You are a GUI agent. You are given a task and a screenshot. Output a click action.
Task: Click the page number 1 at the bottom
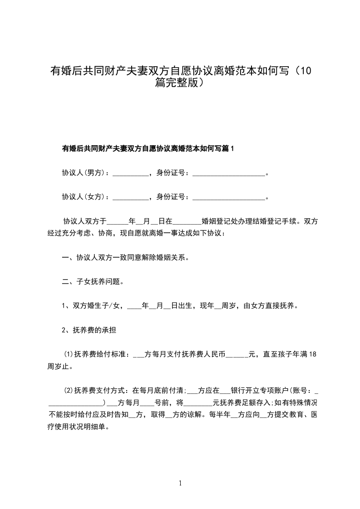tap(180, 483)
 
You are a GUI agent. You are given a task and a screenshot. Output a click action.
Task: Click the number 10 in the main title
tap(306, 71)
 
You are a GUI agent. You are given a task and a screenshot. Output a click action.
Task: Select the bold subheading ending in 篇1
tap(148, 148)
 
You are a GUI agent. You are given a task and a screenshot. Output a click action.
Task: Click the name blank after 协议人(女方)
tap(130, 197)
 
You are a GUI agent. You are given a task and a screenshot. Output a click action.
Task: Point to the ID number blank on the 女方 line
tap(228, 197)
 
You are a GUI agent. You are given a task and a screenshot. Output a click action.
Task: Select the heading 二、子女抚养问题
tap(91, 281)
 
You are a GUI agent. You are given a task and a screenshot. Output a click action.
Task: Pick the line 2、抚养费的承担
tap(89, 330)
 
